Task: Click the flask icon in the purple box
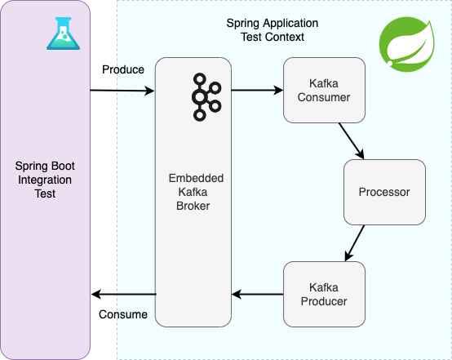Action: coord(63,33)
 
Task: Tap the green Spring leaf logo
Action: coord(407,44)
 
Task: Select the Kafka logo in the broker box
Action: coord(206,97)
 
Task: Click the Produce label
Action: coord(123,69)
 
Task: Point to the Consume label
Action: coord(123,314)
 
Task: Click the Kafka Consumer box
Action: coord(324,91)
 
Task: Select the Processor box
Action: coord(384,192)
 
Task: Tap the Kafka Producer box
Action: coord(324,294)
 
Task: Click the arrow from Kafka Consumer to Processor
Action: coord(352,141)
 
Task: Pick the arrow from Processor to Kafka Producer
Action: coord(355,243)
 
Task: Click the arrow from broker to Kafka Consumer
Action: coord(257,91)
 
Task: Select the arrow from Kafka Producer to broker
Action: coord(257,294)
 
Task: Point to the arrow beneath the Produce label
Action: coord(122,91)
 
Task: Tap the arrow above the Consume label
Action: coord(124,294)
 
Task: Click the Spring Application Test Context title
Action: coord(273,30)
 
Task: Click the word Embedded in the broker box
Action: coord(196,178)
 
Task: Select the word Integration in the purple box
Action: coord(45,180)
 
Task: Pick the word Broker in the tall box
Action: coord(193,206)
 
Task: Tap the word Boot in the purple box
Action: coord(62,166)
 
